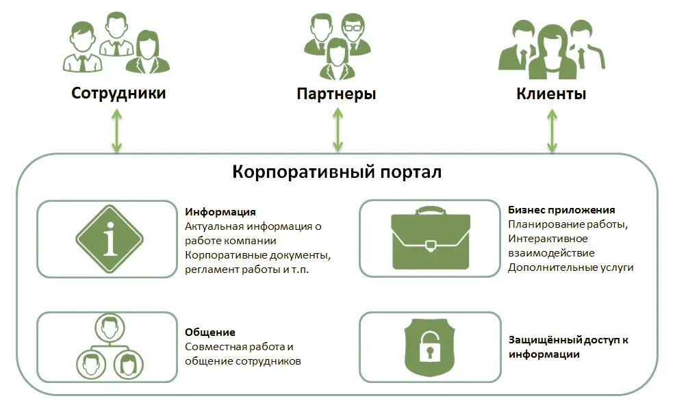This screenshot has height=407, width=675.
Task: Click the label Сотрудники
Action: [118, 93]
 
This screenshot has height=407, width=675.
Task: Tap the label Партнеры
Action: [336, 94]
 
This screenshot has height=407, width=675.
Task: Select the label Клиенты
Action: [551, 94]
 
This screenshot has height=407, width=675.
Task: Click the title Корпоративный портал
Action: [337, 172]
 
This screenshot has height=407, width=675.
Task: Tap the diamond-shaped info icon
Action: [110, 239]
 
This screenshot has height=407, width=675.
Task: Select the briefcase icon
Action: [431, 238]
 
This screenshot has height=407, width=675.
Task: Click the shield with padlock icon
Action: [430, 347]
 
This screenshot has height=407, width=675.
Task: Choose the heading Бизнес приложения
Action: [561, 210]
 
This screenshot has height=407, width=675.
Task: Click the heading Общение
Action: [210, 332]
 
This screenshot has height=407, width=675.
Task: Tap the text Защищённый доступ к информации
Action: [568, 347]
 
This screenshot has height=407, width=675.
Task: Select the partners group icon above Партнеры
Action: [337, 45]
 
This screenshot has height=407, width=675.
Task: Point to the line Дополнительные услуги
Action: [570, 267]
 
